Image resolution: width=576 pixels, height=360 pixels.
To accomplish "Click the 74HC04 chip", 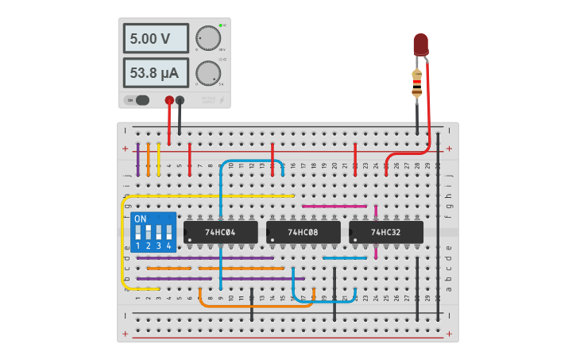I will (x=221, y=232).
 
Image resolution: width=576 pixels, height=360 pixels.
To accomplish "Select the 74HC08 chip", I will (x=303, y=232).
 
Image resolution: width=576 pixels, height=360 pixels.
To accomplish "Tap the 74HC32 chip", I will (x=386, y=232).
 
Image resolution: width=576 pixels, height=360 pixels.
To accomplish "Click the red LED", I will (x=420, y=45).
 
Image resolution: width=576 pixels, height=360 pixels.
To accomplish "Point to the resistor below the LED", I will (x=417, y=83).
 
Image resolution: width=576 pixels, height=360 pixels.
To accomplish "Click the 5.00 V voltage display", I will (x=156, y=38).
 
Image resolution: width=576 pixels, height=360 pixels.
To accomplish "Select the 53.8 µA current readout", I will (x=156, y=73).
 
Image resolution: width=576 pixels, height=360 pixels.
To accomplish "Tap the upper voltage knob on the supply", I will (x=208, y=38).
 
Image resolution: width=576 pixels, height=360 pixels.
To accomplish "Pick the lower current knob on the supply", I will (x=208, y=73).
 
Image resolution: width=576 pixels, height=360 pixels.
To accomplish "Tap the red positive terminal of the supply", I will (x=169, y=100).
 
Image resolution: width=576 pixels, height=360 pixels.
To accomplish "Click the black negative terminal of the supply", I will (x=180, y=100).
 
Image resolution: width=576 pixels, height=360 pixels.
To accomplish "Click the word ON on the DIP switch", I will (x=140, y=219).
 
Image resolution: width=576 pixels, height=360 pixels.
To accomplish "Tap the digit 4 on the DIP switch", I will (x=168, y=247).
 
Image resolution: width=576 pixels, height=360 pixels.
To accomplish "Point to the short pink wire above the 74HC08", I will (x=334, y=206).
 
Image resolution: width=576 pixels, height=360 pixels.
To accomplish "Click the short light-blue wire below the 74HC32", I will (x=345, y=257).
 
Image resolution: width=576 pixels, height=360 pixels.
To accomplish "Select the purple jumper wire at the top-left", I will (x=138, y=159).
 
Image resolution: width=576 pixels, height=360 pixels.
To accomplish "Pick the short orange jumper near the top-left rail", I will (x=149, y=159).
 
